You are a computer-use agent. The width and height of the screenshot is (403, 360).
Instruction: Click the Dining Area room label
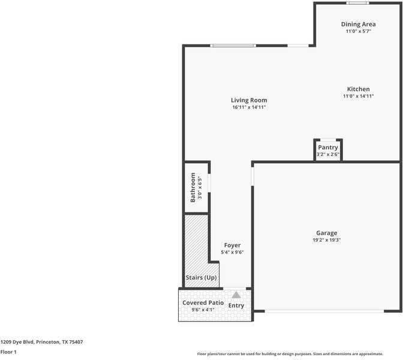coord(359,24)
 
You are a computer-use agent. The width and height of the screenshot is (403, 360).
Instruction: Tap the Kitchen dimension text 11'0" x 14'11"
coord(359,96)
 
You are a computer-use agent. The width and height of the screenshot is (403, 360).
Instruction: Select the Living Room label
coord(249,100)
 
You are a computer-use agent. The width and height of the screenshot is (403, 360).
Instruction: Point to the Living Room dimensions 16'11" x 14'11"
coord(249,107)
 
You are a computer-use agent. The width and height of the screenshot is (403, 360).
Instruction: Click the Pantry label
coord(328,148)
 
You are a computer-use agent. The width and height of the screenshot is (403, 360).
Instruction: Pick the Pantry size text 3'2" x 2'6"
coord(328,154)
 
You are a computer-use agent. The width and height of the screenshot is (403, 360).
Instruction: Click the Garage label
coord(327,233)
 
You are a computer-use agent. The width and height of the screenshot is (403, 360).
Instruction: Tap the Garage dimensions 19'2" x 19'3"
coord(327,240)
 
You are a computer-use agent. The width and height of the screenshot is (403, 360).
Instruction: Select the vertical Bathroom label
coord(193,187)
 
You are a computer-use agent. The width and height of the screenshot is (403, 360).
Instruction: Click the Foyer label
coord(232,245)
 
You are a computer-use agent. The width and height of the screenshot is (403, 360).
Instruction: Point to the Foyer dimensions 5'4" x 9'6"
coord(232,252)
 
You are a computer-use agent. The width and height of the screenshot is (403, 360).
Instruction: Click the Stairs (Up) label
coord(201,278)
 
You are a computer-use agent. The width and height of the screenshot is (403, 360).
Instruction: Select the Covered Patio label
coord(203,303)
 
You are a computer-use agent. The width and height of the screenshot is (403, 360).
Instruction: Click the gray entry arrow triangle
coord(236,295)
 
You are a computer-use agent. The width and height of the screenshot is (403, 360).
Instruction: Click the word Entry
coord(236,305)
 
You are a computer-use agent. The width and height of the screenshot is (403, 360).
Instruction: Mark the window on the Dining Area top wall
coord(358,3)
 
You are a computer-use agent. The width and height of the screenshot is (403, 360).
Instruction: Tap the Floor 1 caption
coord(8,352)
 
